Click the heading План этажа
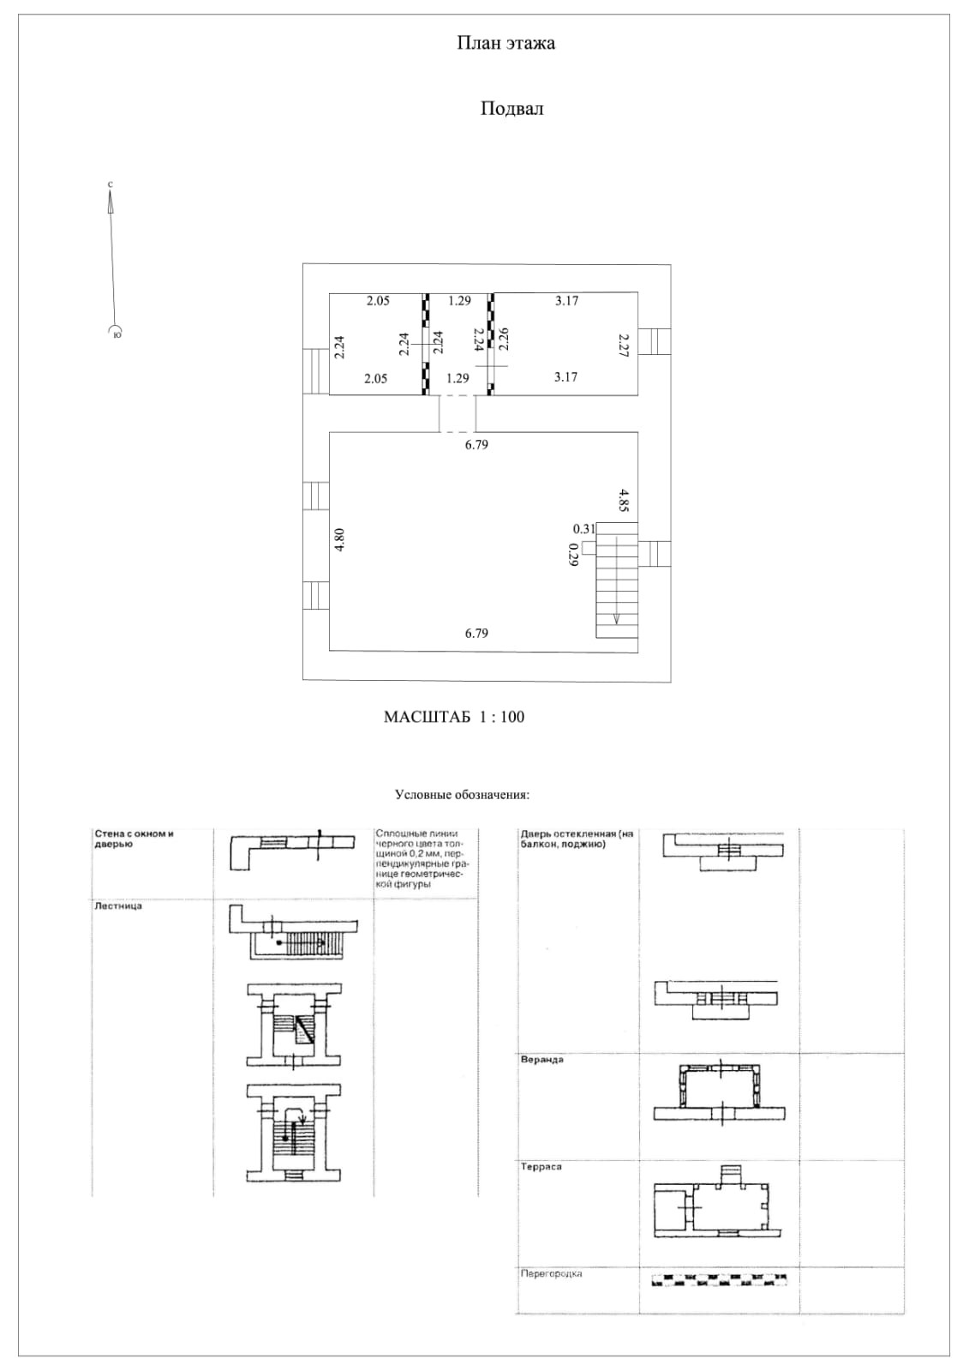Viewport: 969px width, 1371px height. click(x=505, y=43)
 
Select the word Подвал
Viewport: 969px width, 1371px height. click(x=511, y=109)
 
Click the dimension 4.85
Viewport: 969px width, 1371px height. click(x=625, y=499)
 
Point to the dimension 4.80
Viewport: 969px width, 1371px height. click(x=340, y=540)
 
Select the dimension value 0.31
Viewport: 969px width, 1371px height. click(x=583, y=529)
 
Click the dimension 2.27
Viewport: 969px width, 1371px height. click(x=625, y=345)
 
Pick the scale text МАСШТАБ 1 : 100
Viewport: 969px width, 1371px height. click(x=454, y=717)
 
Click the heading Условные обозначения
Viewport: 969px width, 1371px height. click(x=462, y=794)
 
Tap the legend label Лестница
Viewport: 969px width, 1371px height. click(x=118, y=905)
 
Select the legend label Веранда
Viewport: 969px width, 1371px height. click(x=542, y=1060)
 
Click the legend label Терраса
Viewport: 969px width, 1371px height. click(x=541, y=1167)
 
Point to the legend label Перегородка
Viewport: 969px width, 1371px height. click(x=552, y=1274)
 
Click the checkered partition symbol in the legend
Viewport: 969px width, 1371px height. click(x=719, y=1281)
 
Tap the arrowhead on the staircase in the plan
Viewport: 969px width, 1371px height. click(x=617, y=620)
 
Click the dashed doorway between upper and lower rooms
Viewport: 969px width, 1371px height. click(x=458, y=414)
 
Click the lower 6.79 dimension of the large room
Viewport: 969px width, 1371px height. click(x=476, y=634)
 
